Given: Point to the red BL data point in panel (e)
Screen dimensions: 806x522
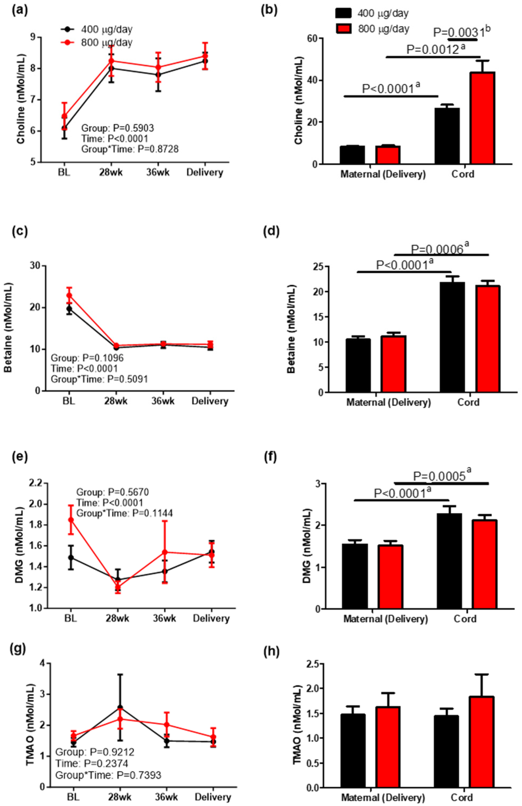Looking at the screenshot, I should click(71, 520).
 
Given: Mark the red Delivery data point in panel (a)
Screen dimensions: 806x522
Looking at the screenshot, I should click(205, 56).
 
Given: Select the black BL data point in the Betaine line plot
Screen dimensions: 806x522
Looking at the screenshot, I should click(69, 309).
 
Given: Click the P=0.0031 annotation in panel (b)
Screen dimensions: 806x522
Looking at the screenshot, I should click(462, 32).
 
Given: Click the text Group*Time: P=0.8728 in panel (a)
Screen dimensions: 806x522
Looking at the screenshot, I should click(130, 149).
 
